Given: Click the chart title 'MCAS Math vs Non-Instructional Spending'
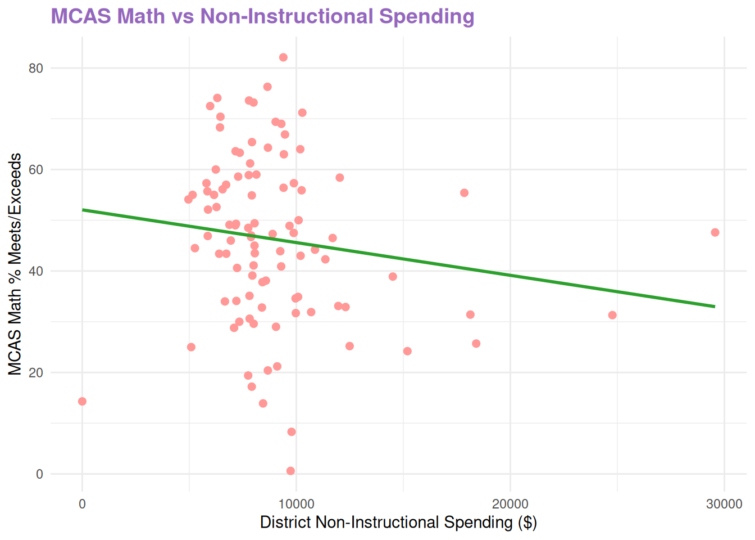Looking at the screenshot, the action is [262, 16].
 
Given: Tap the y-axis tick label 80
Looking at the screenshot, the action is [36, 68].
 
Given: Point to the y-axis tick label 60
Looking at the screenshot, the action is [36, 169].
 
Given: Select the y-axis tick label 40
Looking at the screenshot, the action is [36, 271].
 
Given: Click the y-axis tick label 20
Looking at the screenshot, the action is [36, 372].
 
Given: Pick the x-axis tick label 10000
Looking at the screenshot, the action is [296, 504].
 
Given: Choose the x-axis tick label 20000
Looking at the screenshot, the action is [510, 504].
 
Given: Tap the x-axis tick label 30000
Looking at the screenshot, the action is [724, 504].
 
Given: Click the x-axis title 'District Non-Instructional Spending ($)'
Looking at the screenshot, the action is [398, 522].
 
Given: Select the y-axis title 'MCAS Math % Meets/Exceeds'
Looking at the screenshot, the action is [15, 264].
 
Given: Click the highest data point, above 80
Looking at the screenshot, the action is [283, 57].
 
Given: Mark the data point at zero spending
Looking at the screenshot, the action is [82, 401].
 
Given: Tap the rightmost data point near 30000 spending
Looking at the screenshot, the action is [715, 232].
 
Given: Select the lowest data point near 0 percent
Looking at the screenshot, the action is [290, 471].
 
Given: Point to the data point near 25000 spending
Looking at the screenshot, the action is [612, 315].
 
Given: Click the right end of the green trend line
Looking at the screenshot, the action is [715, 307].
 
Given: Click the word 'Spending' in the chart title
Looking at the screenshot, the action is [427, 16].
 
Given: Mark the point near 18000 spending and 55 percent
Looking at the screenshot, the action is [464, 193].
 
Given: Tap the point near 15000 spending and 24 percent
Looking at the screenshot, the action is [407, 352].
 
